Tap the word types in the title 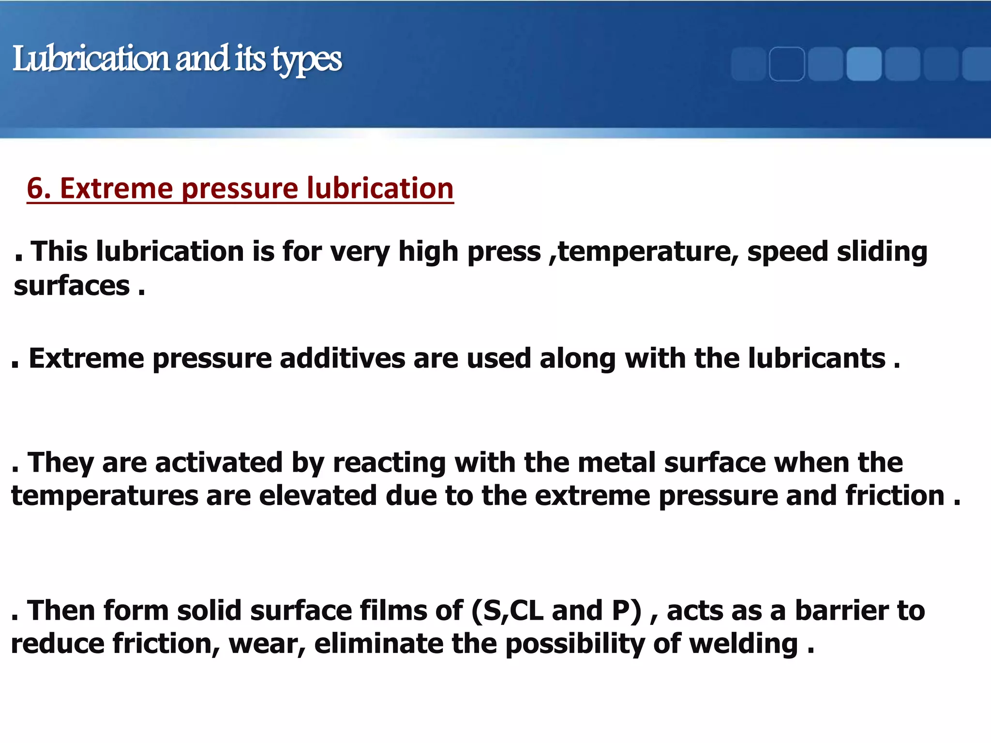point(307,60)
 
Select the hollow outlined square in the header point(787,64)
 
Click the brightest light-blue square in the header point(864,64)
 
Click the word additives point(342,358)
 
